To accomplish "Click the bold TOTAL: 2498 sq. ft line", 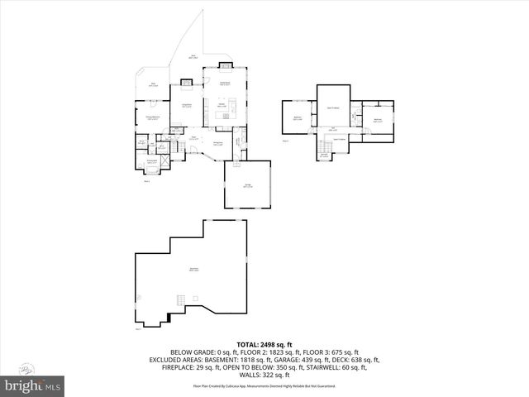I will [265, 343].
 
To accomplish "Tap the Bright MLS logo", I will [33, 385].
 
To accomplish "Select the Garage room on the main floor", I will [247, 185].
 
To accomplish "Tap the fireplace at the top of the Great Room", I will [225, 67].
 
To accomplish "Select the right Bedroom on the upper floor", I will [378, 120].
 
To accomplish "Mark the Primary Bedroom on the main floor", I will [153, 117].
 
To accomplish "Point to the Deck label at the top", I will [193, 56].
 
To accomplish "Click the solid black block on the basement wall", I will [169, 316].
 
